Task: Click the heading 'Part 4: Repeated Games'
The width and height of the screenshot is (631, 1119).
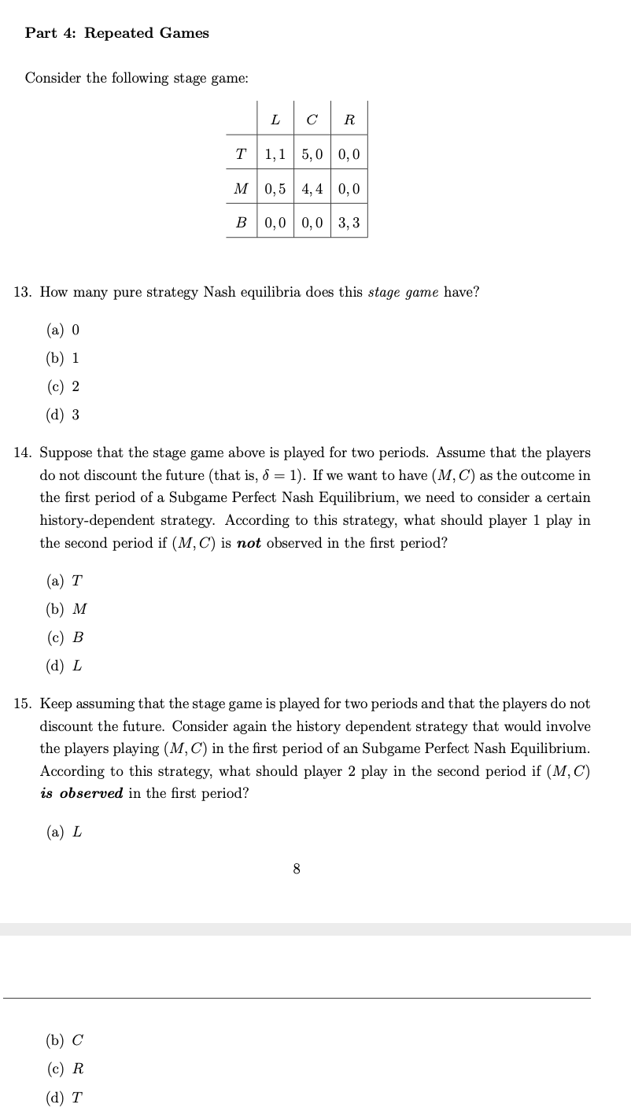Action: click(x=117, y=33)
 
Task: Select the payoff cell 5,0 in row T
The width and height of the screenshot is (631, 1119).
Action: click(x=312, y=155)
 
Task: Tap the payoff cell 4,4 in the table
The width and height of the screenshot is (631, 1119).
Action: click(x=312, y=189)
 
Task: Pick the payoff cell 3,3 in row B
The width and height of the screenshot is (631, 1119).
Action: click(x=349, y=223)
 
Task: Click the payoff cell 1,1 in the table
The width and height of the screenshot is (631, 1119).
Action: click(x=275, y=155)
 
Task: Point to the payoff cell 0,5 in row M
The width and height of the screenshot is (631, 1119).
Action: click(x=275, y=189)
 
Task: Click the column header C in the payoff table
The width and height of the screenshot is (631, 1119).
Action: click(x=312, y=120)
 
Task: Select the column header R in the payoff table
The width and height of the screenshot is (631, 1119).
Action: click(x=349, y=120)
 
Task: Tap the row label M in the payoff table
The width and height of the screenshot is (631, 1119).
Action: click(x=242, y=189)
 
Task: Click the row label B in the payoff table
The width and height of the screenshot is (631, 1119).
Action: click(x=242, y=223)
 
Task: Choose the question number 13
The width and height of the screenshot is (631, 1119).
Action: click(x=23, y=293)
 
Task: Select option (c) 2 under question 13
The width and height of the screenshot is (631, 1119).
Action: click(x=64, y=386)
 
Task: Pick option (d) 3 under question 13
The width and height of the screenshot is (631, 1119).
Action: click(x=64, y=415)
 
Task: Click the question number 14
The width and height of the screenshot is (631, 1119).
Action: click(x=23, y=453)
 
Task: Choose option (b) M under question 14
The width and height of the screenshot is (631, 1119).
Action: click(x=67, y=609)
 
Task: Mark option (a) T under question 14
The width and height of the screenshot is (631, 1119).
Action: click(x=65, y=581)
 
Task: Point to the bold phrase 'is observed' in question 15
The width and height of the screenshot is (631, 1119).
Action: click(x=82, y=793)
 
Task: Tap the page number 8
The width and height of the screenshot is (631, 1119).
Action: click(x=296, y=869)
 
